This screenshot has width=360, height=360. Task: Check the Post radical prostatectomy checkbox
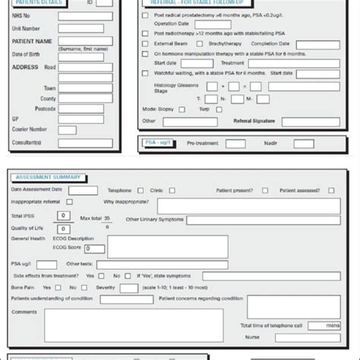pyautogui.click(x=145, y=14)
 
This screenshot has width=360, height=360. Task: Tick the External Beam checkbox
pyautogui.click(x=145, y=43)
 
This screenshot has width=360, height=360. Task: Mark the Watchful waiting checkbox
pyautogui.click(x=145, y=73)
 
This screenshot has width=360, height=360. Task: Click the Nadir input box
pyautogui.click(x=304, y=143)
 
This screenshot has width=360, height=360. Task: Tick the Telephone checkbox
pyautogui.click(x=138, y=191)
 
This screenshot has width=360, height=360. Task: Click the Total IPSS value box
pyautogui.click(x=64, y=216)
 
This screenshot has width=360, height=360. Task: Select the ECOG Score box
pyautogui.click(x=94, y=248)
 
